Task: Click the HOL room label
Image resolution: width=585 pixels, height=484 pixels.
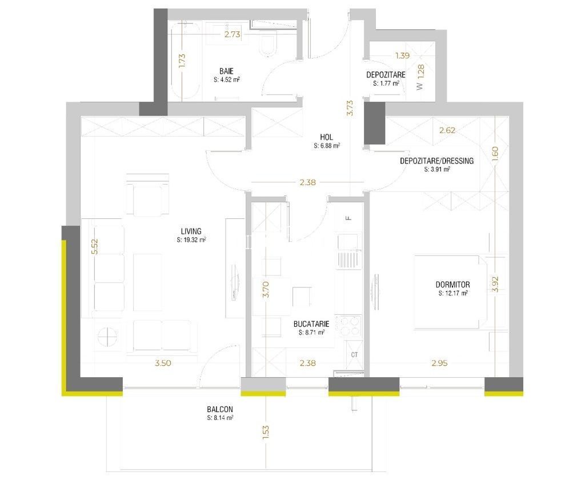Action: click(x=327, y=137)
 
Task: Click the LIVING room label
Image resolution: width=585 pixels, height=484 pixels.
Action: click(x=191, y=231)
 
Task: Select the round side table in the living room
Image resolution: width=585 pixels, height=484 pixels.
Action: click(x=109, y=337)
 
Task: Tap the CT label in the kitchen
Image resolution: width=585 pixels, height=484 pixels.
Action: click(x=354, y=354)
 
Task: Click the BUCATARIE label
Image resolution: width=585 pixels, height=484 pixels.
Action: click(x=309, y=323)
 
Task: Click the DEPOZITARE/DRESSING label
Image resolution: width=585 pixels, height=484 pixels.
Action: click(x=437, y=161)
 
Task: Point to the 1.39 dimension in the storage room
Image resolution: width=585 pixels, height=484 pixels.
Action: click(x=403, y=55)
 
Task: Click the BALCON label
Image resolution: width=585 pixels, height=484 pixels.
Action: click(x=220, y=410)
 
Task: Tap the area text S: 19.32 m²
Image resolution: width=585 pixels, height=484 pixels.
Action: click(x=191, y=240)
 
